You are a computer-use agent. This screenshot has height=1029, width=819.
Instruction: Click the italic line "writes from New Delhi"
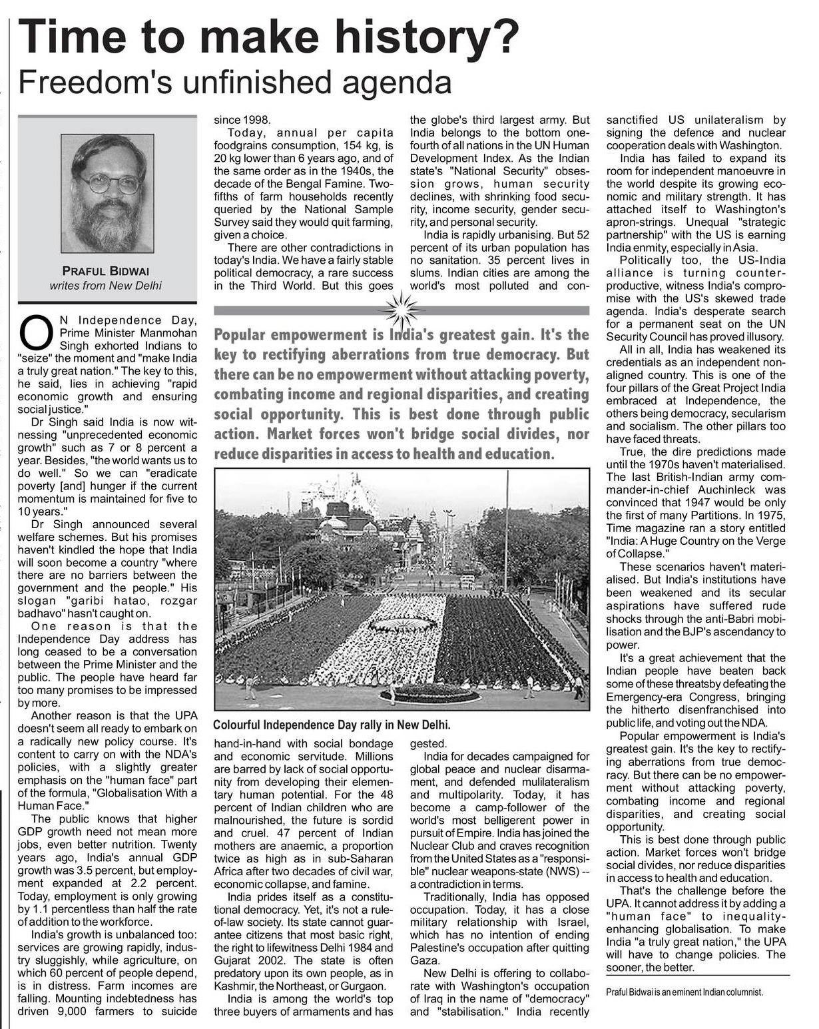click(107, 286)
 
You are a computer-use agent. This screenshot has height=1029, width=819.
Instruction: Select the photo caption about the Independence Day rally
click(332, 724)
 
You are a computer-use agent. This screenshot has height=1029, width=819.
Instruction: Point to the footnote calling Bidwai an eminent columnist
click(684, 992)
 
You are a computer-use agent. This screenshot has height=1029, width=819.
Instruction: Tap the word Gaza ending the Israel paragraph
click(424, 960)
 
